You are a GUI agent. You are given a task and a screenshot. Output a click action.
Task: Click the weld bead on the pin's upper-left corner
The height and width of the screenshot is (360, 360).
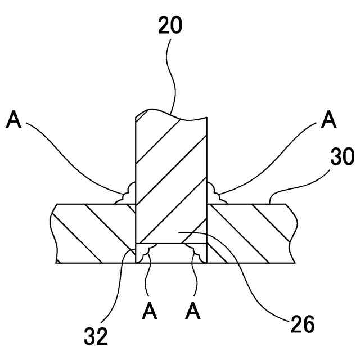pyautogui.click(x=126, y=194)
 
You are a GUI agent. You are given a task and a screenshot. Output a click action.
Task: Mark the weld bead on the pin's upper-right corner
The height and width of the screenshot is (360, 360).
pyautogui.click(x=216, y=194)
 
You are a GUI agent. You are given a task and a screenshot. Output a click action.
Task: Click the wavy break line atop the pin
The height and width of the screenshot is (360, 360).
pyautogui.click(x=172, y=114)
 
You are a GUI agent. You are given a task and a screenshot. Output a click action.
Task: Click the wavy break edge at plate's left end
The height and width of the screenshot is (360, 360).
pyautogui.click(x=53, y=233)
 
